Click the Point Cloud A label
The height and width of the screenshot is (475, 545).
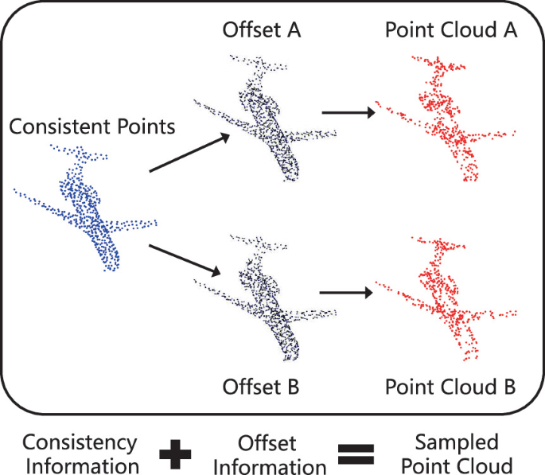coord(451,31)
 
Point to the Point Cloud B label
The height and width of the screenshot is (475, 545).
coord(451,388)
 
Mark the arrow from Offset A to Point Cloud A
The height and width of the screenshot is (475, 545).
coord(348,114)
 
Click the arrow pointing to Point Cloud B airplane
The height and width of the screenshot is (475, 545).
coord(347,294)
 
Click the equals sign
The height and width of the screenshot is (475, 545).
coord(356,455)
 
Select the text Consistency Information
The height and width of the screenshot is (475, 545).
coord(80,454)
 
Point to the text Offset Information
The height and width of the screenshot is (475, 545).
coord(267,454)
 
